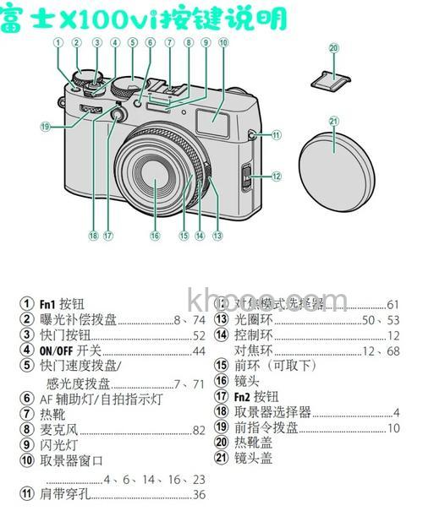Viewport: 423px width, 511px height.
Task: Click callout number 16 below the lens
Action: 155,236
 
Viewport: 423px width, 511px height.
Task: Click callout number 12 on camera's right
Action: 277,177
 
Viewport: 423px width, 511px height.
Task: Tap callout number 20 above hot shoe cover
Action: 333,48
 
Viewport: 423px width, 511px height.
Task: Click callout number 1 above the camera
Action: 58,41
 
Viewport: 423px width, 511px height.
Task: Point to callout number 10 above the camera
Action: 222,41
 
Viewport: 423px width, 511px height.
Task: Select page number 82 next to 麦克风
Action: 199,430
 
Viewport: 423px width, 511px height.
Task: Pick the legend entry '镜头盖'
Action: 254,458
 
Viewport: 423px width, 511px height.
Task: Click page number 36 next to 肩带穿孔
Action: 199,494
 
